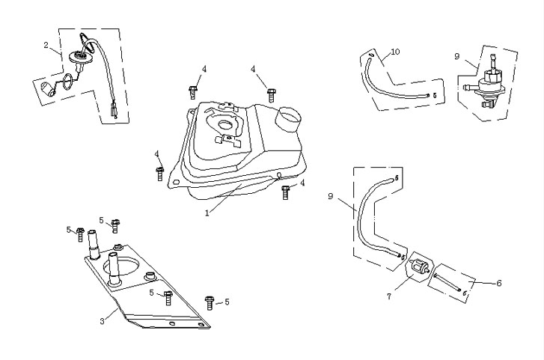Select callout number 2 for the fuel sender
click(x=46, y=46)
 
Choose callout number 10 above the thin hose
click(x=395, y=52)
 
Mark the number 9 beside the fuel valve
click(x=457, y=56)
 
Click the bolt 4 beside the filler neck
click(x=272, y=94)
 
